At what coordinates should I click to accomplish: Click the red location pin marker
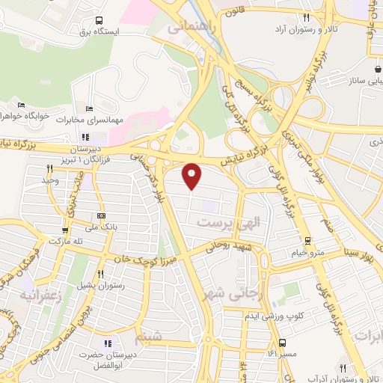point(192,175)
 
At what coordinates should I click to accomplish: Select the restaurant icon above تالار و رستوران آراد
point(306,18)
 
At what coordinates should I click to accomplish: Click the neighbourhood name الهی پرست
point(222,223)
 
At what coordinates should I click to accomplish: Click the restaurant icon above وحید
point(49,169)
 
